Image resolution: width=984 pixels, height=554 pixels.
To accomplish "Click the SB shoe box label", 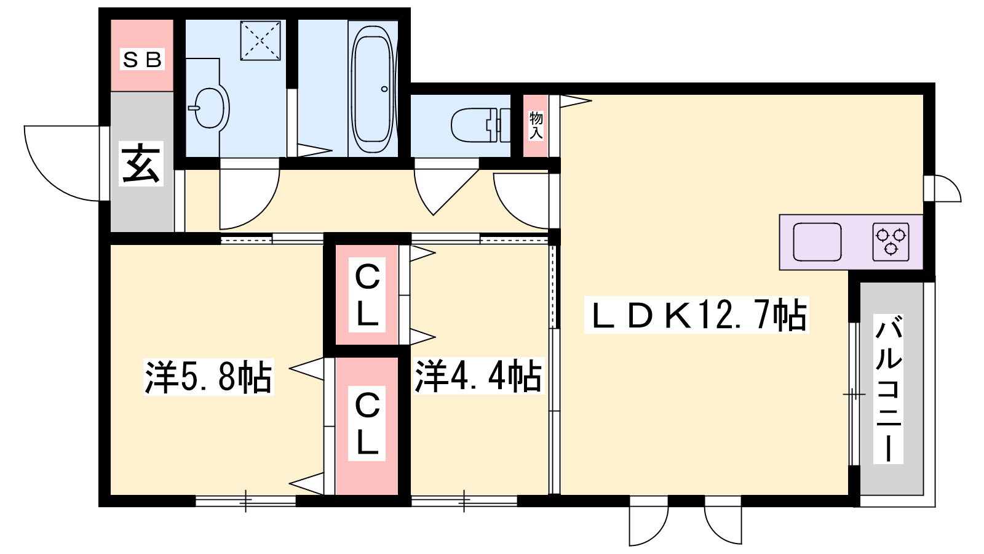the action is click(x=142, y=59).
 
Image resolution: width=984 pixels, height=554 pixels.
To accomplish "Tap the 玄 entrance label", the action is click(x=141, y=164).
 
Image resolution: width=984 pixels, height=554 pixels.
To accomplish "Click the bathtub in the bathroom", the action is click(x=373, y=89).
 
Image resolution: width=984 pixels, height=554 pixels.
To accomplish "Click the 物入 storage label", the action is click(x=536, y=126).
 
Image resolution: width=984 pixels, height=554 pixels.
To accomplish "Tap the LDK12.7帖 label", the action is click(x=697, y=315).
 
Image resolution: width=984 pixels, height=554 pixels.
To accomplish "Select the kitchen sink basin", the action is click(x=817, y=242).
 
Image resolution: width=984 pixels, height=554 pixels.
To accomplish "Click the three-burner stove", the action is click(x=891, y=242).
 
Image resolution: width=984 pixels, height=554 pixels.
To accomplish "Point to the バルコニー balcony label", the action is click(x=888, y=388).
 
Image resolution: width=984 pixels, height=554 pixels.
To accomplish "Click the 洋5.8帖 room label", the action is click(x=208, y=377).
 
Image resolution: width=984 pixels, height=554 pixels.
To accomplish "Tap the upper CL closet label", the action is click(x=367, y=295).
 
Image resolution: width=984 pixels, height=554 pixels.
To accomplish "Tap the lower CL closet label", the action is click(x=367, y=424).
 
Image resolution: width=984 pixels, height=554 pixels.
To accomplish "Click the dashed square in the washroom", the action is click(x=261, y=40).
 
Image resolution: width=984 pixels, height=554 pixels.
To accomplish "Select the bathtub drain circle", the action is click(x=384, y=89).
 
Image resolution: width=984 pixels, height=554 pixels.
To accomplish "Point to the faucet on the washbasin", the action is click(x=194, y=108).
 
